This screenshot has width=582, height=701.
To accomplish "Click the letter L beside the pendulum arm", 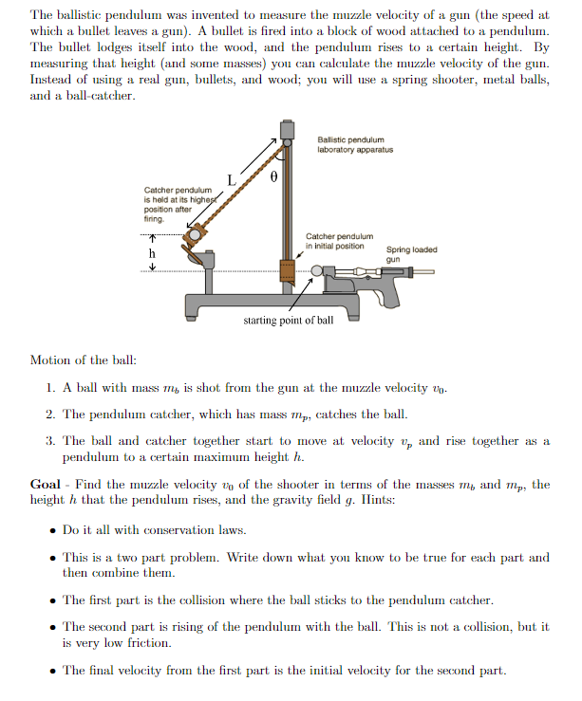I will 231,179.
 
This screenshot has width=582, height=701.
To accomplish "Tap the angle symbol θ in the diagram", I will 273,176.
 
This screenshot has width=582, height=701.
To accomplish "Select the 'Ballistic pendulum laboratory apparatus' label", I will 355,144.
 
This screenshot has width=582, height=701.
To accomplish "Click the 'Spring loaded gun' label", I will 411,254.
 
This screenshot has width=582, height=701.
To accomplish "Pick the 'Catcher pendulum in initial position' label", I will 339,240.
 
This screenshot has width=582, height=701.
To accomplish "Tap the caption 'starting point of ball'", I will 288,321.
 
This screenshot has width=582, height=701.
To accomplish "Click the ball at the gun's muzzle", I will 317,272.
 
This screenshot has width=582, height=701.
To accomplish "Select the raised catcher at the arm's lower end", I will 196,233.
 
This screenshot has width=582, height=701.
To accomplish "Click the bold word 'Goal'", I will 47,484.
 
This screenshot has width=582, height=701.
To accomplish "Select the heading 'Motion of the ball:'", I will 83,360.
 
